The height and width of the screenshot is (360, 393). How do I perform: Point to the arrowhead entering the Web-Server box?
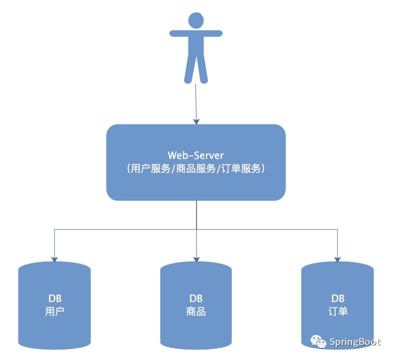[196, 120]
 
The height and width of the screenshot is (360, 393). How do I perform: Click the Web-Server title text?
[196, 154]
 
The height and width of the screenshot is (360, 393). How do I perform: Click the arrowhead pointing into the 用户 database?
[54, 259]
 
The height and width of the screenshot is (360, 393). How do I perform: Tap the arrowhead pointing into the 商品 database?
[196, 259]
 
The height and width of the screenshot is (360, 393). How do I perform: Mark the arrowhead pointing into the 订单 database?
[337, 259]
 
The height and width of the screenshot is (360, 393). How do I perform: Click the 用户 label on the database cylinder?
[54, 311]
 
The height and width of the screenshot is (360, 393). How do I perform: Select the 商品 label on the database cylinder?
[196, 311]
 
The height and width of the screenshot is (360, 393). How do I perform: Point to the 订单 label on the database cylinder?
[337, 311]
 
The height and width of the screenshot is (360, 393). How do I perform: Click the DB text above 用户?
[54, 298]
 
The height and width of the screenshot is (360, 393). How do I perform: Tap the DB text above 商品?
[196, 298]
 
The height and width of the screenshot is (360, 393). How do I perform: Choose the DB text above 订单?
[337, 298]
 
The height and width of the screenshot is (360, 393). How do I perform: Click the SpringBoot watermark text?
[355, 342]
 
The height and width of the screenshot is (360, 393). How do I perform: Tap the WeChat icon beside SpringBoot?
[318, 341]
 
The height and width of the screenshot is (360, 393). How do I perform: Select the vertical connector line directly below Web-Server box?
[196, 215]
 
